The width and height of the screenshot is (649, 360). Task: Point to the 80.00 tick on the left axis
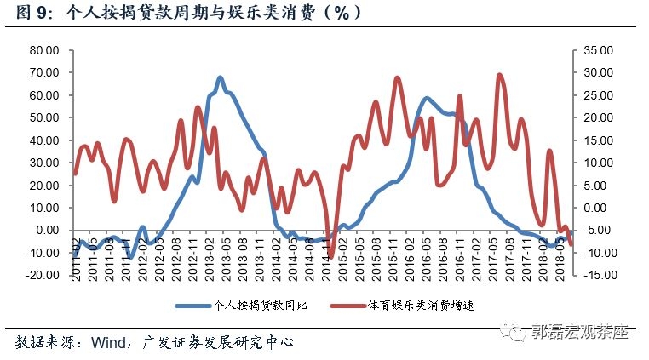coord(43,50)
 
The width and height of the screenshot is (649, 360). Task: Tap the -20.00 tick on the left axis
coord(42,275)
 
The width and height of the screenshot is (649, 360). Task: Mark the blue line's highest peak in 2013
coord(220,77)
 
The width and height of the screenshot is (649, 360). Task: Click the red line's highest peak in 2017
coord(499,75)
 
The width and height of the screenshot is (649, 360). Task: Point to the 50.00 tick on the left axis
coord(43,117)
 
